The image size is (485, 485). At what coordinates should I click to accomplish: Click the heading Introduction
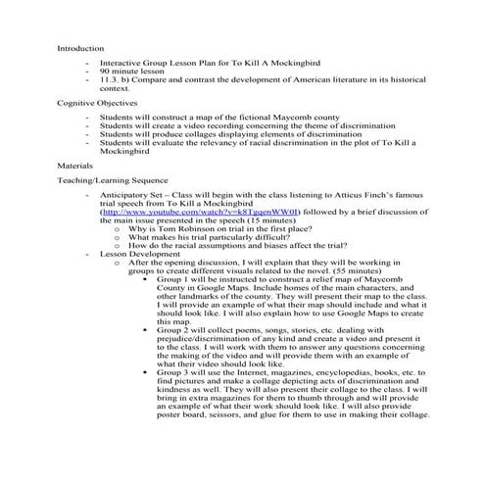pos(79,47)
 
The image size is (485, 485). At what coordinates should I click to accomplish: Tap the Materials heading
pos(75,166)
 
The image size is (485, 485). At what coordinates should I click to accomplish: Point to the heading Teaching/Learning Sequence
pos(113,180)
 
